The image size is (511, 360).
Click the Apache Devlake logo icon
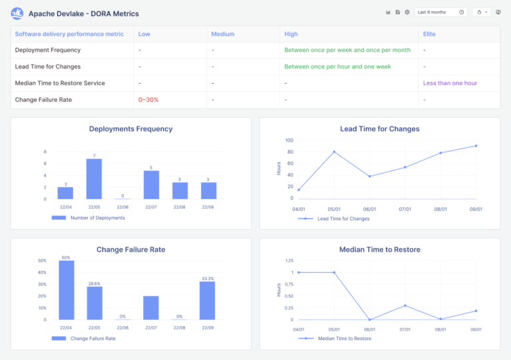pyautogui.click(x=17, y=13)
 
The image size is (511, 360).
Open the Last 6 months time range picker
pyautogui.click(x=440, y=12)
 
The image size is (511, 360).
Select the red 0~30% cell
pyautogui.click(x=148, y=100)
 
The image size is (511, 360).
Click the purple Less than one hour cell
pyautogui.click(x=450, y=83)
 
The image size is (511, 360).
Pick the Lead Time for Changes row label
pyautogui.click(x=48, y=67)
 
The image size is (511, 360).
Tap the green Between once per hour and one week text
pyautogui.click(x=337, y=67)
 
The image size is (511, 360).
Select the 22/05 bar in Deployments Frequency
pyautogui.click(x=94, y=178)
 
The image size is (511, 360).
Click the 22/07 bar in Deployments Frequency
pyautogui.click(x=151, y=184)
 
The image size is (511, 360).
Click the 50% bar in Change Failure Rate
pyautogui.click(x=66, y=289)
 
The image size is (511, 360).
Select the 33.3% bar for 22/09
pyautogui.click(x=208, y=300)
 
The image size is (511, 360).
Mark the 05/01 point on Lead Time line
pyautogui.click(x=334, y=152)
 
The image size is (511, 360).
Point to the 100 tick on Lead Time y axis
pyautogui.click(x=289, y=140)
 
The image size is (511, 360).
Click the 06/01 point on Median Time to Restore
pyautogui.click(x=369, y=319)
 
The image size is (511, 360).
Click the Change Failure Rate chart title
pyautogui.click(x=130, y=250)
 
